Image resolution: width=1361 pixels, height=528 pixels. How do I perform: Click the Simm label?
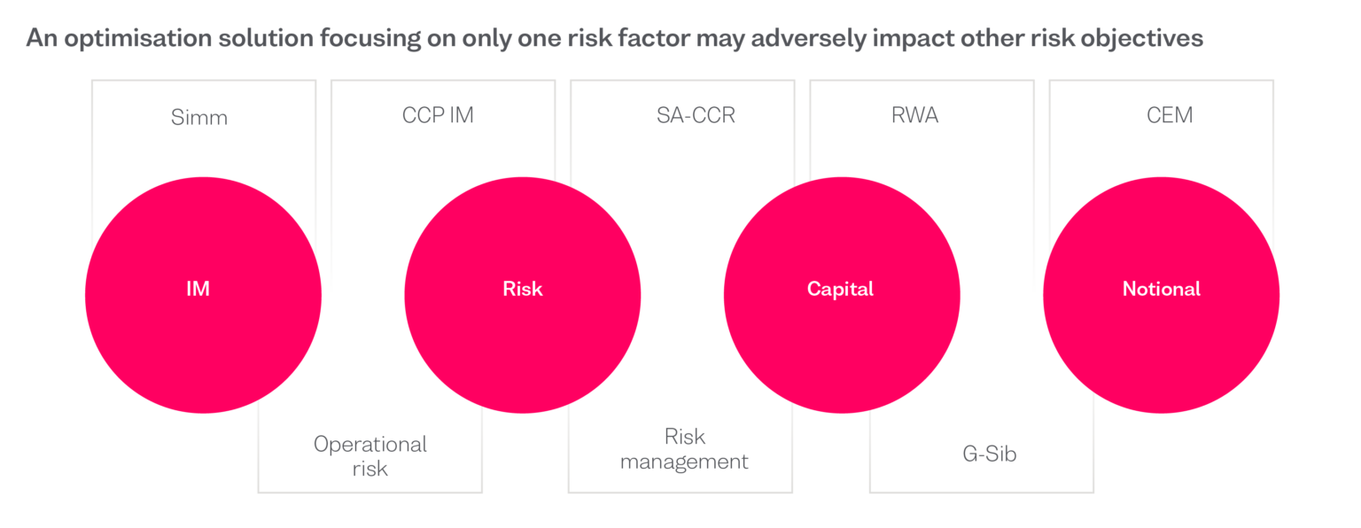[x=199, y=117]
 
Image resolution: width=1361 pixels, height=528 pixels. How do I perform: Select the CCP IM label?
[x=438, y=115]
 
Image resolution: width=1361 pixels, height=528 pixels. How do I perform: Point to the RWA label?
[x=914, y=115]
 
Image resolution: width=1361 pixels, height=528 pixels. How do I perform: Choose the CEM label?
[x=1170, y=115]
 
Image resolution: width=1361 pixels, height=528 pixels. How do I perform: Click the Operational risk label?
[x=370, y=455]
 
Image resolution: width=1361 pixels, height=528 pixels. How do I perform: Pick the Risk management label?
[x=684, y=449]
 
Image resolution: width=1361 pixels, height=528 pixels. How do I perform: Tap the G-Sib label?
[x=989, y=454]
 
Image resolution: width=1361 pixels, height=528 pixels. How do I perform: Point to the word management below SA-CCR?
[x=684, y=462]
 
